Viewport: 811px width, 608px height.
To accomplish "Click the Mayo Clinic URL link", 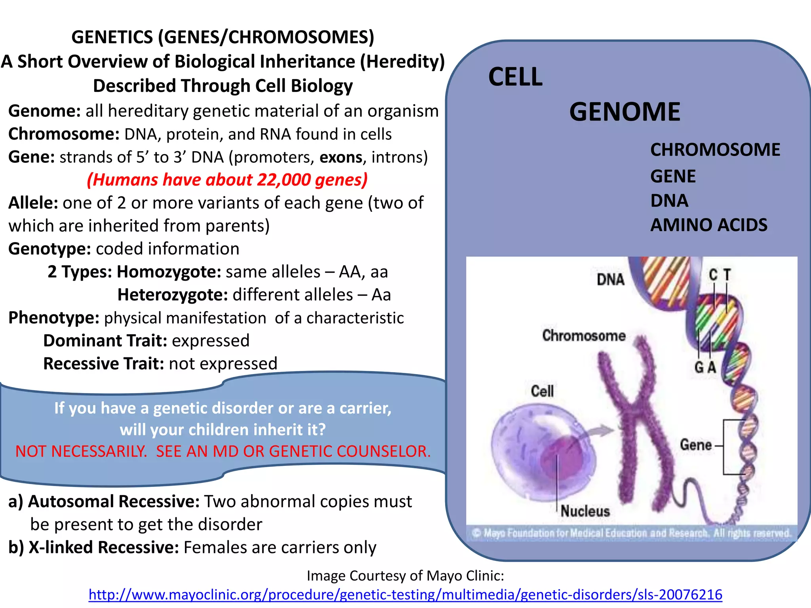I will click(405, 595).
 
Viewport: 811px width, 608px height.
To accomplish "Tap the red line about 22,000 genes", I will click(227, 180).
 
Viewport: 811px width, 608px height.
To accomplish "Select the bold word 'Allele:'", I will click(33, 203).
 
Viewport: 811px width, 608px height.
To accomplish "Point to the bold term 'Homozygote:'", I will click(169, 272).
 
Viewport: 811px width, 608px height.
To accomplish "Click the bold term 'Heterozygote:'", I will click(173, 295).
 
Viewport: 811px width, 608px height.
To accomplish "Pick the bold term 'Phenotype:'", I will click(54, 318).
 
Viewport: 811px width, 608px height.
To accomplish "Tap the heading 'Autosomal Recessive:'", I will click(114, 502).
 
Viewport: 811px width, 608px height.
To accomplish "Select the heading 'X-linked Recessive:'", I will click(104, 547).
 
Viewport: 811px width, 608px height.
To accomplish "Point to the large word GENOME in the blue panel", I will click(624, 112).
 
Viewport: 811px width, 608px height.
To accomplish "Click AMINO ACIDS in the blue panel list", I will click(709, 225).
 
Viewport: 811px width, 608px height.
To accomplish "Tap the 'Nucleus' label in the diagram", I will click(585, 511).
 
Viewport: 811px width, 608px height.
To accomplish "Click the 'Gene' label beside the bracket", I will click(696, 445).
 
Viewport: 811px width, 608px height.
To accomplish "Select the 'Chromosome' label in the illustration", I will click(584, 336).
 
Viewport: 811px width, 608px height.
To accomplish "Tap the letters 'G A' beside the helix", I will click(705, 367).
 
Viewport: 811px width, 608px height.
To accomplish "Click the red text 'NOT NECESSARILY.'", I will click(81, 451).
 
